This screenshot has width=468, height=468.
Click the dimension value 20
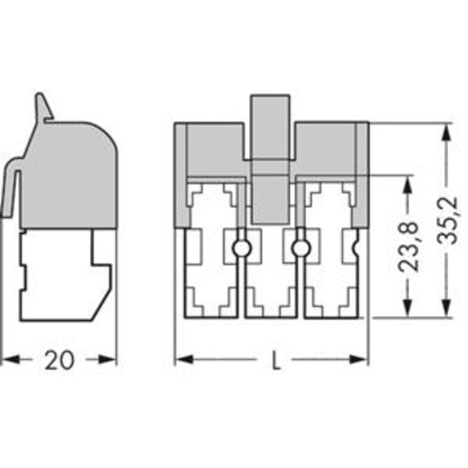click(x=59, y=360)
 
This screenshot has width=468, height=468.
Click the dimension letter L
click(x=275, y=360)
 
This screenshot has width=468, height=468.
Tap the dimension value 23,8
click(x=408, y=246)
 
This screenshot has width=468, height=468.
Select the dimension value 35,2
click(x=447, y=221)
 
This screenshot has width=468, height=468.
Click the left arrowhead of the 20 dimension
click(x=11, y=360)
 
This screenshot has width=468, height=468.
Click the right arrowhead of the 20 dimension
click(x=106, y=360)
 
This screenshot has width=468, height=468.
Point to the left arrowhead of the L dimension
click(x=184, y=360)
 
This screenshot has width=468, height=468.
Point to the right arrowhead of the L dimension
click(x=358, y=360)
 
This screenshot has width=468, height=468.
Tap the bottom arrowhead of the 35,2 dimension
click(x=446, y=308)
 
